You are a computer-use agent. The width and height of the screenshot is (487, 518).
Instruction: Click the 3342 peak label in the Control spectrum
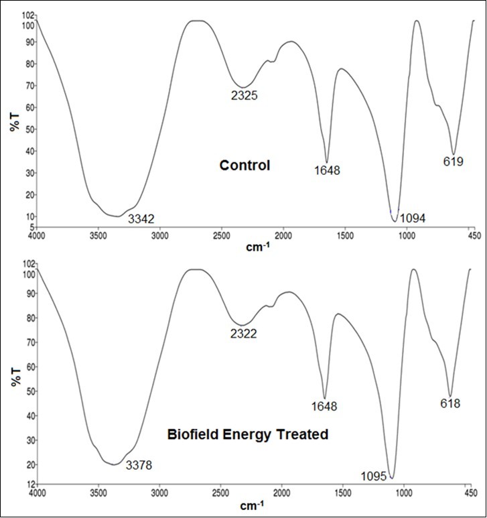pyautogui.click(x=141, y=218)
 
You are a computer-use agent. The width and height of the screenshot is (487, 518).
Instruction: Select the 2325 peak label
pyautogui.click(x=245, y=96)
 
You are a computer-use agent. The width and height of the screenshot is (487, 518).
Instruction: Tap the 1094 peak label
pyautogui.click(x=413, y=218)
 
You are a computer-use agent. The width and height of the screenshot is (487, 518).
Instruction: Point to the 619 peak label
pyautogui.click(x=454, y=161)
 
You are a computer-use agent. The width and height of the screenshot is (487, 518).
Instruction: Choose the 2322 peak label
pyautogui.click(x=243, y=333)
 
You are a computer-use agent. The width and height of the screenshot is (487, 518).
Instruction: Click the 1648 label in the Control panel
pyautogui.click(x=327, y=170)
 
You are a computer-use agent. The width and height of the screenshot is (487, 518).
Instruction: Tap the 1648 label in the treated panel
pyautogui.click(x=324, y=406)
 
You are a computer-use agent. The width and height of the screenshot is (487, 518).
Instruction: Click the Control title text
pyautogui.click(x=245, y=165)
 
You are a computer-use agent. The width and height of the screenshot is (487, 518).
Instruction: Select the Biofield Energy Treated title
pyautogui.click(x=247, y=434)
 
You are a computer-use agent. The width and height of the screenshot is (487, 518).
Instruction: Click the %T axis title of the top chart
pyautogui.click(x=15, y=119)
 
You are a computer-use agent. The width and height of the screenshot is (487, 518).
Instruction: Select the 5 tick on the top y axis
pyautogui.click(x=29, y=228)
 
